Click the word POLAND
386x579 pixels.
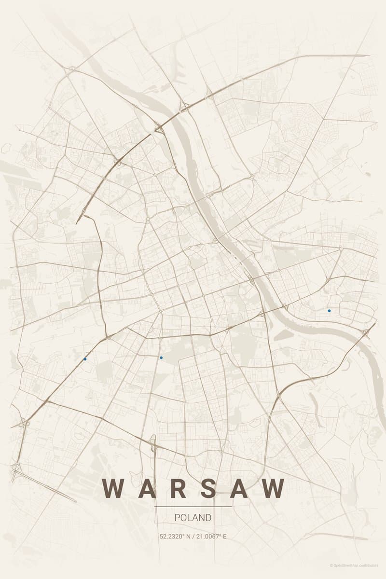pyautogui.click(x=193, y=518)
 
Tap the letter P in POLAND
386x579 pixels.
pyautogui.click(x=177, y=518)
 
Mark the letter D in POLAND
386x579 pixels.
pyautogui.click(x=208, y=518)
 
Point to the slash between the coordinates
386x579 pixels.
pyautogui.click(x=193, y=536)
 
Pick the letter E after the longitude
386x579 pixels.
pyautogui.click(x=224, y=536)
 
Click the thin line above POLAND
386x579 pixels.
pyautogui.click(x=193, y=507)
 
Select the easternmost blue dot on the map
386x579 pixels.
pyautogui.click(x=329, y=310)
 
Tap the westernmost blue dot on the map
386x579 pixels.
pyautogui.click(x=85, y=359)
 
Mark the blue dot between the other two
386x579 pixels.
pyautogui.click(x=161, y=358)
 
